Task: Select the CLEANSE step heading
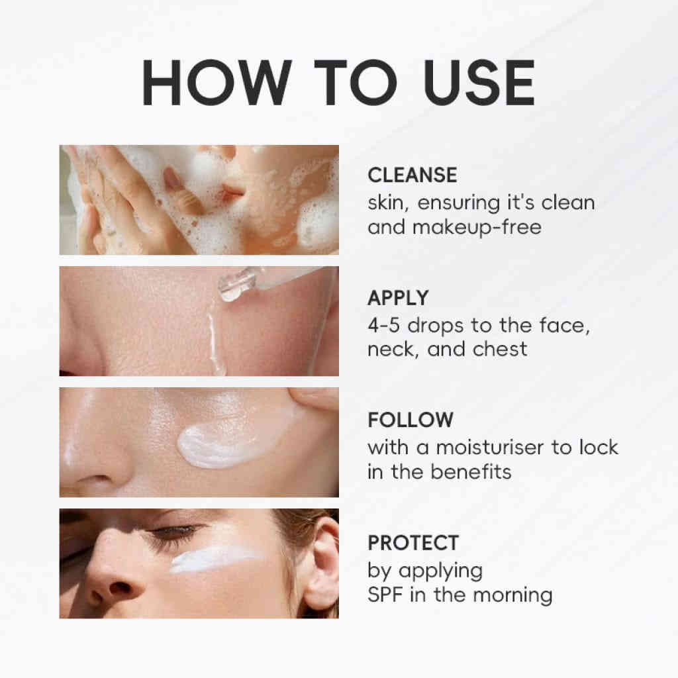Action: (x=412, y=175)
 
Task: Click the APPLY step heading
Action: (x=398, y=298)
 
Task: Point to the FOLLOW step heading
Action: (x=411, y=420)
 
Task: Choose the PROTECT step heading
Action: (x=413, y=543)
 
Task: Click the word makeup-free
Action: (x=477, y=228)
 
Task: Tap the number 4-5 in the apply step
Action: (x=383, y=326)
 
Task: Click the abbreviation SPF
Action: (x=385, y=595)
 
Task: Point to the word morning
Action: (x=513, y=596)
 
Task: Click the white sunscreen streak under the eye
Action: (x=214, y=557)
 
